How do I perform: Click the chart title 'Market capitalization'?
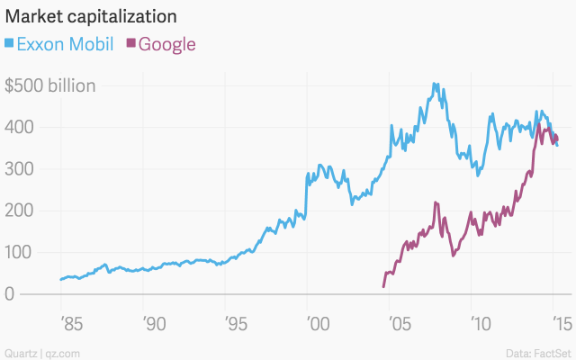coord(90,17)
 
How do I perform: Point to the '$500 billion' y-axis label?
coord(50,86)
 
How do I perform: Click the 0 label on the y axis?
coord(11,294)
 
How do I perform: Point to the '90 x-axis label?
coord(151,321)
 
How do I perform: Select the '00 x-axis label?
coord(316,321)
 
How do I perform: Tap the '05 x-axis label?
coord(399,321)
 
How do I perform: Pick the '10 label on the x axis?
coord(480,321)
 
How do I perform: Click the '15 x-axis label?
coord(560,321)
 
